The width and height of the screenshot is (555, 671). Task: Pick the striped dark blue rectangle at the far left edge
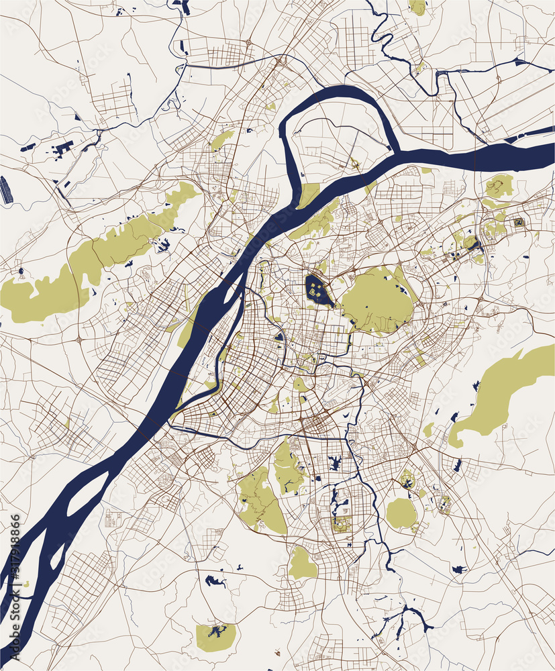coord(5,190)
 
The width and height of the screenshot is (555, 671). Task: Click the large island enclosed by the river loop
coord(336,148)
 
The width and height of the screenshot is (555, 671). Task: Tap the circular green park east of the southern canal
coord(401,513)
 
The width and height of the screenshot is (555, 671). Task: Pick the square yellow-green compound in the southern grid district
coord(341,525)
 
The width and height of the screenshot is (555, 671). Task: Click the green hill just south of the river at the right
coord(499,186)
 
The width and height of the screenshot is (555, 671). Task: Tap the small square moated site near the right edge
coord(518,222)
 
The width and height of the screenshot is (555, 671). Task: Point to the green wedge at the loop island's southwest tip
coord(308,195)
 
